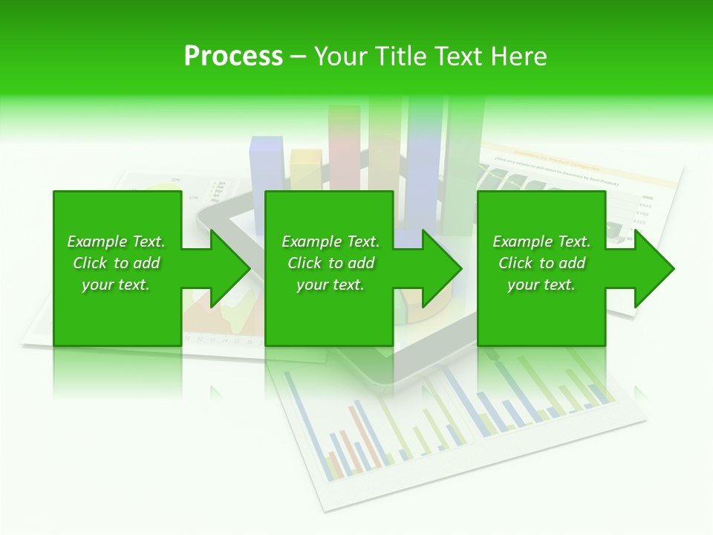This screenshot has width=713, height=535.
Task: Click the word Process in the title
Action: pyautogui.click(x=233, y=56)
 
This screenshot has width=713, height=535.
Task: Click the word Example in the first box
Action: pyautogui.click(x=97, y=241)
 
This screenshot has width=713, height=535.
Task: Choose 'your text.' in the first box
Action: pyautogui.click(x=116, y=285)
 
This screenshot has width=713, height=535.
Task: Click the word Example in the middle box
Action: pyautogui.click(x=312, y=241)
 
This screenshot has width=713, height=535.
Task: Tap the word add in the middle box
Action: pyautogui.click(x=360, y=263)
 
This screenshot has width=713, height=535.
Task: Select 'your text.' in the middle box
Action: pyautogui.click(x=330, y=285)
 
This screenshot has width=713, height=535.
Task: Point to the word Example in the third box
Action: pyautogui.click(x=523, y=241)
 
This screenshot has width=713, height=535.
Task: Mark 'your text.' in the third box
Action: pyautogui.click(x=541, y=285)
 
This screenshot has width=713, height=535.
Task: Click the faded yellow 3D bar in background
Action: pyautogui.click(x=306, y=169)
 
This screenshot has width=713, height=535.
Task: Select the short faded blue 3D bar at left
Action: pyautogui.click(x=266, y=163)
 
